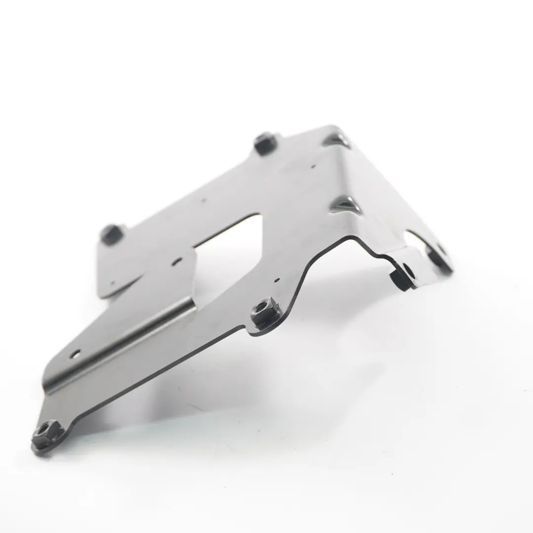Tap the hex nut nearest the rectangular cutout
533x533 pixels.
coord(265,313)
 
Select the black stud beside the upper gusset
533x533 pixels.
coord(265,143)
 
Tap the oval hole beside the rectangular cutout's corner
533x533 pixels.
coord(177,262)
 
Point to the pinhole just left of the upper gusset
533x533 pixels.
coord(312,167)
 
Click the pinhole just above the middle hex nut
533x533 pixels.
coord(276,280)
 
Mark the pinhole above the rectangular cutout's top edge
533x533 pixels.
coord(203,201)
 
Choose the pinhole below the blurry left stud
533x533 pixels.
coord(113,283)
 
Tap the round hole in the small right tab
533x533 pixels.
coord(409,270)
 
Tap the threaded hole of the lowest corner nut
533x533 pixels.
coord(45,429)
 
